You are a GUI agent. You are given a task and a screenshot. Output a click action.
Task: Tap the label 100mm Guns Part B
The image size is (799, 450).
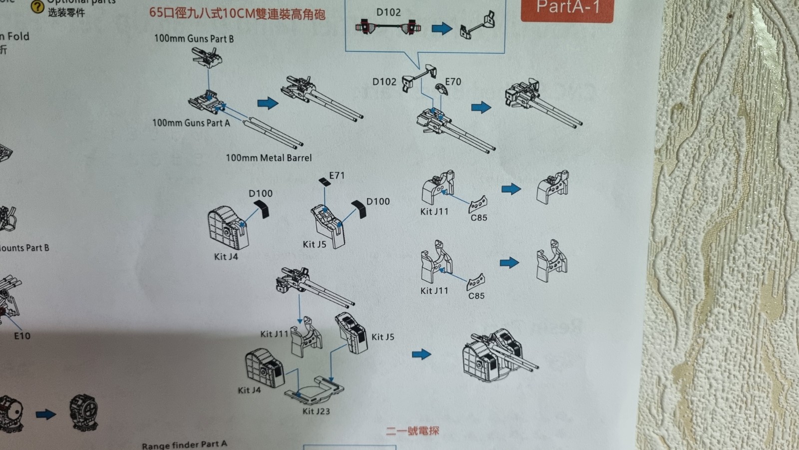click(x=194, y=38)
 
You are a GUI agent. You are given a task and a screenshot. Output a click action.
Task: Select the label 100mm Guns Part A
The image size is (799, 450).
click(x=191, y=122)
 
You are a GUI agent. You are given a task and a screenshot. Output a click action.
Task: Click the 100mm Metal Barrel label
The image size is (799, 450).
click(x=269, y=158)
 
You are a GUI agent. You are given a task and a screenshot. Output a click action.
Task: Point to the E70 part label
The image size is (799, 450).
click(x=453, y=81)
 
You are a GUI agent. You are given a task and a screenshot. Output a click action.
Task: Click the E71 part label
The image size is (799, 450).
click(x=337, y=175)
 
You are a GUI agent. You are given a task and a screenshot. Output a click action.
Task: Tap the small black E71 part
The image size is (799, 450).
click(x=325, y=182)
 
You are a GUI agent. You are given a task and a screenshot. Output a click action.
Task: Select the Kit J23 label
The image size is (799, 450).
click(x=316, y=411)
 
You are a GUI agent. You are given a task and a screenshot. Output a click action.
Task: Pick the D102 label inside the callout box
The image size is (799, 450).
click(x=389, y=12)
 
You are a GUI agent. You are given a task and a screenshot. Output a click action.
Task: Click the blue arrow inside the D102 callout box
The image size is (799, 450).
click(x=441, y=28)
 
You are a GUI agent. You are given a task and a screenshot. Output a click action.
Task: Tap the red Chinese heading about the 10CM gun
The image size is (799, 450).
click(x=237, y=13)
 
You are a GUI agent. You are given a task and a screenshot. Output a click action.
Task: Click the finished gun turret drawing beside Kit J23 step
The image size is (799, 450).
click(x=499, y=355)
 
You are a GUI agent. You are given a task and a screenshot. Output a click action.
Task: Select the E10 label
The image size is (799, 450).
click(x=22, y=336)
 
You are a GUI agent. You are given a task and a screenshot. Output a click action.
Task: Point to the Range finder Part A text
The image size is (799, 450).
click(x=184, y=444)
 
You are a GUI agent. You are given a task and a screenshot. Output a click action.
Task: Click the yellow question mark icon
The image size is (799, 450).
click(x=37, y=6)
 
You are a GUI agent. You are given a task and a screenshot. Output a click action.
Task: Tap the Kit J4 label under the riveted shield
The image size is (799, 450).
click(x=226, y=256)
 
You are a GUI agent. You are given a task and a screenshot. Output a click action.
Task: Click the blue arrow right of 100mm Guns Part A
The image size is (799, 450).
click(x=268, y=103)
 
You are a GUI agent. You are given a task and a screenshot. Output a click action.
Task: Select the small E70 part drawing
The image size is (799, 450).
click(x=441, y=90)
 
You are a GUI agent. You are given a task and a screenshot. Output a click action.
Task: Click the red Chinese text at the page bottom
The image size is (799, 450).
click(x=412, y=430)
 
